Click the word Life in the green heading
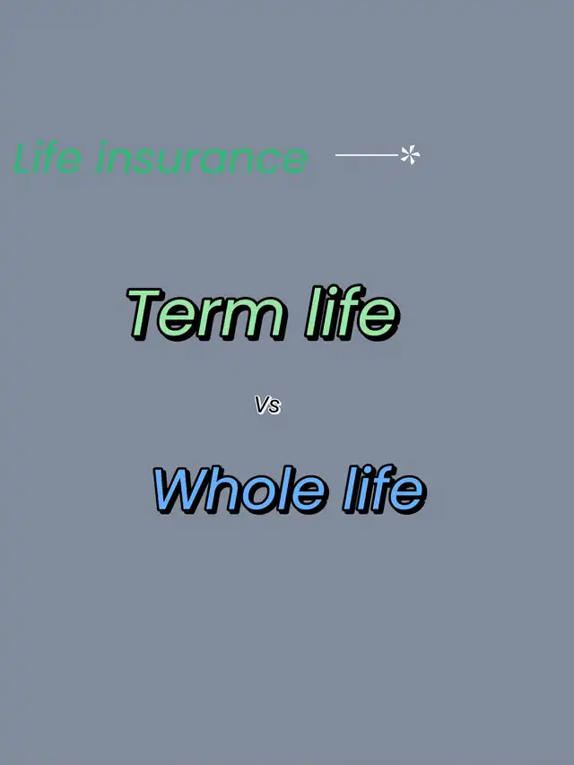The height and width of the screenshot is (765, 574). [x=48, y=157]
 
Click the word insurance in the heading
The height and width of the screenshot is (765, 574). [x=202, y=157]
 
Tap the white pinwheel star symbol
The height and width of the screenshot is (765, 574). [x=410, y=154]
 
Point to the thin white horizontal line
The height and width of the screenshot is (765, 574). [x=367, y=155]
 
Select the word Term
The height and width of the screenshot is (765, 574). [x=206, y=313]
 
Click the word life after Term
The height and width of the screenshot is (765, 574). [x=352, y=312]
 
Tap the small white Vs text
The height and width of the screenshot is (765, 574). [x=268, y=405]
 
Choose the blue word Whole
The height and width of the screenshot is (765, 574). [x=239, y=489]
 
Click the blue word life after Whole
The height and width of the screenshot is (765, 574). [x=385, y=489]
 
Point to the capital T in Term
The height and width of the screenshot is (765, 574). [x=144, y=313]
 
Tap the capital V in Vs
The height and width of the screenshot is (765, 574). [x=262, y=405]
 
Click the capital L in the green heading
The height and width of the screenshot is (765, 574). [x=23, y=158]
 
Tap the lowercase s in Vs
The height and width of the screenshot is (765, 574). [x=275, y=407]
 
